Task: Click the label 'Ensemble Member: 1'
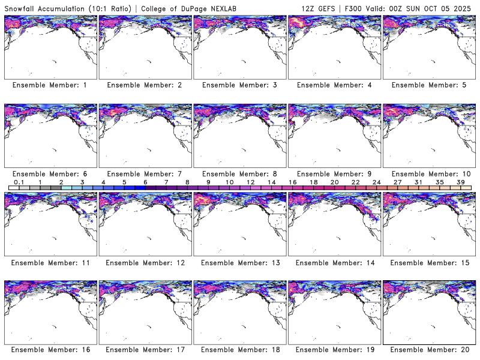[50, 86]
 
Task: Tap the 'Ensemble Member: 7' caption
[145, 174]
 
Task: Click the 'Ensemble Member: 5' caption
[429, 86]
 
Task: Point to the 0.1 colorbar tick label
[19, 182]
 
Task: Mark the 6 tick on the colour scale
[145, 182]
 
